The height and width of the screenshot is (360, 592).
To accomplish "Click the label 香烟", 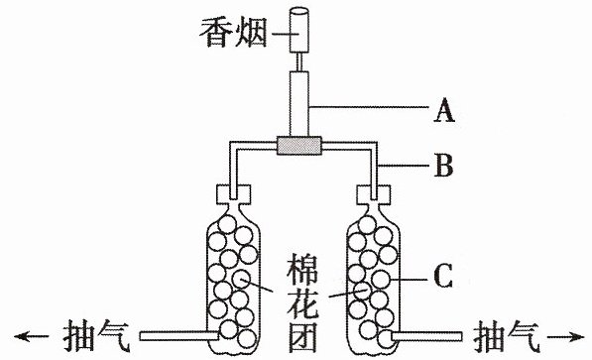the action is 233,33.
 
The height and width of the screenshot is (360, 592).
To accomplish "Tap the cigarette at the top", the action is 299,30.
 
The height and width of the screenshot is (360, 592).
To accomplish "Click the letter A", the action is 443,110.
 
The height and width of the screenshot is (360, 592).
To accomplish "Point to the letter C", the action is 443,276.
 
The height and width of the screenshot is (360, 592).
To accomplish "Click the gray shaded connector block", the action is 299,146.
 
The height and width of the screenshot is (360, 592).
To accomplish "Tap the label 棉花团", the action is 302,302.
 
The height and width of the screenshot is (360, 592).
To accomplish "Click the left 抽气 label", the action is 96,336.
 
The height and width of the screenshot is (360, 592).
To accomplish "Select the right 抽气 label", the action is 507,336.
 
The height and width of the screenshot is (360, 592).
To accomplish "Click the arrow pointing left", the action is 32,336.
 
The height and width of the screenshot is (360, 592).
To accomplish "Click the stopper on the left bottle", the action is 233,194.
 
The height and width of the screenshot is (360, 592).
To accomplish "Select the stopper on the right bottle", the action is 374,194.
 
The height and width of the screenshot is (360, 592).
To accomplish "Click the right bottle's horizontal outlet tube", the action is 426,336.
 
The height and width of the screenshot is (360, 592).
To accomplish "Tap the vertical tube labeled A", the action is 299,103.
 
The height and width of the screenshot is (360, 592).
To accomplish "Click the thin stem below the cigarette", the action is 299,61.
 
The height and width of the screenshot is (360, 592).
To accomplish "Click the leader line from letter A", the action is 369,107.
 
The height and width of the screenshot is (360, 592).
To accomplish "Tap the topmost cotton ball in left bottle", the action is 227,224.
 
